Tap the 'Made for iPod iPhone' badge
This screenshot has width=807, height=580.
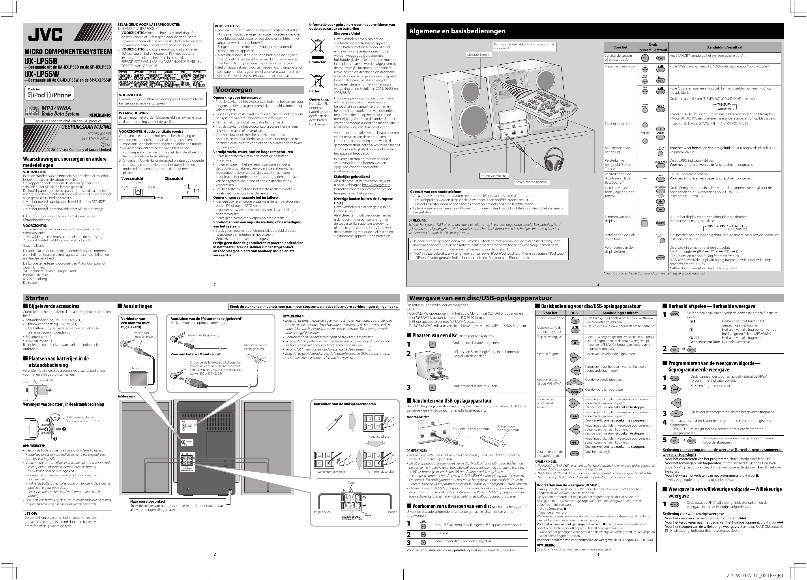point(49,93)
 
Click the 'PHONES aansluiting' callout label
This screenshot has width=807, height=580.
point(494,176)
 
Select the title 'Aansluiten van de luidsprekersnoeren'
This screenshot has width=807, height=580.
point(345,404)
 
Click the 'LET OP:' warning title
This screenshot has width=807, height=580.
point(31,513)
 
